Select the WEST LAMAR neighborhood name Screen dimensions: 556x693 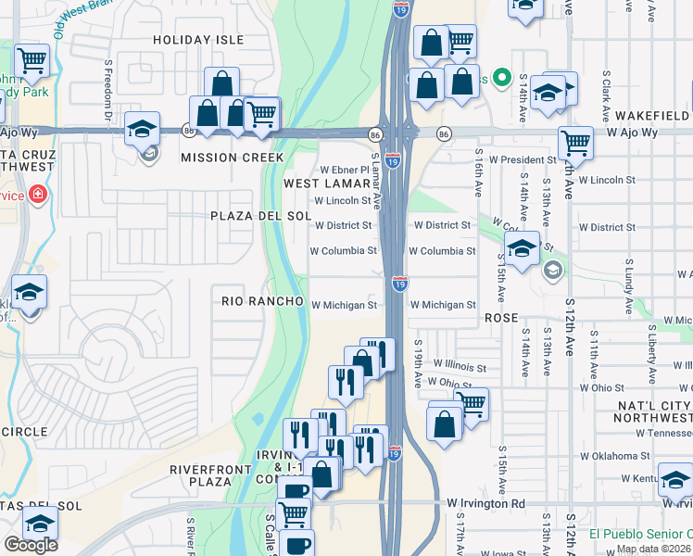click(x=326, y=184)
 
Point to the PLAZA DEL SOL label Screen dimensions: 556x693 click(x=247, y=216)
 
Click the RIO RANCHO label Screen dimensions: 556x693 click(x=263, y=302)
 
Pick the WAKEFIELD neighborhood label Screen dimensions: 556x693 click(x=649, y=116)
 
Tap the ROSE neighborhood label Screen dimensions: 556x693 click(x=500, y=318)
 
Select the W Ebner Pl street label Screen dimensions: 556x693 click(x=345, y=171)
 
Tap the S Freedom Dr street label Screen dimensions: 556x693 click(x=108, y=91)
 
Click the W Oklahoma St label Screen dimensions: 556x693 click(x=615, y=456)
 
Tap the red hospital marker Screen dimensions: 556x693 click(x=36, y=195)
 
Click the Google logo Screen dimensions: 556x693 click(x=31, y=544)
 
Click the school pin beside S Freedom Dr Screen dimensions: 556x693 click(x=143, y=130)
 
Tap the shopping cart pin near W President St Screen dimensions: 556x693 click(x=575, y=145)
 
